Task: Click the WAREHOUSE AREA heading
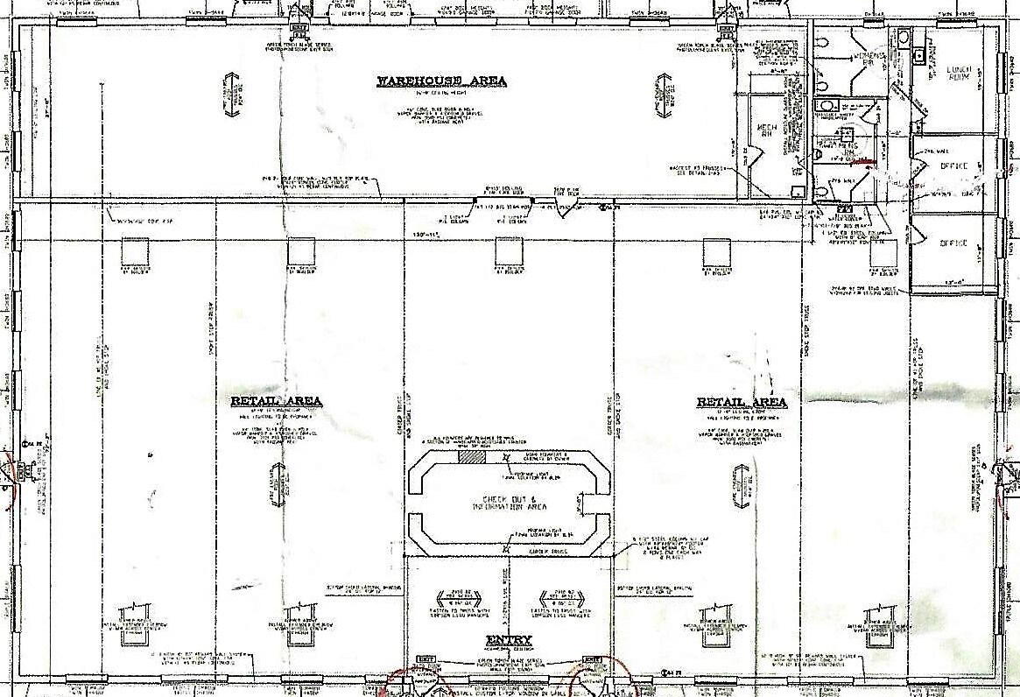coord(441,81)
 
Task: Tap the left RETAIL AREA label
coord(277,402)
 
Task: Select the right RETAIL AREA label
coord(742,402)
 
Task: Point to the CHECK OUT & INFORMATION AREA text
coord(509,503)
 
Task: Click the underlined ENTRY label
coord(509,640)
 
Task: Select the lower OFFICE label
coord(954,243)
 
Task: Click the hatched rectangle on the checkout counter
coord(469,457)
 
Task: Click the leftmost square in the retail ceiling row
coord(133,252)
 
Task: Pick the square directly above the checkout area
coord(509,252)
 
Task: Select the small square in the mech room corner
coord(797,192)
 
